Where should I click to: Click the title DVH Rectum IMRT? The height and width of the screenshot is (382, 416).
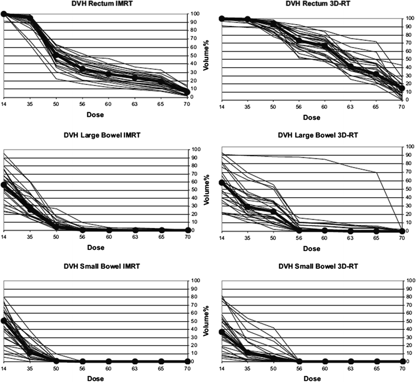pyautogui.click(x=97, y=4)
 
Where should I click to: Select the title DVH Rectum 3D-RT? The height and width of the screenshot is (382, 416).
pyautogui.click(x=312, y=4)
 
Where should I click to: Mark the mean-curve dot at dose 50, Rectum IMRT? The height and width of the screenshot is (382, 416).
pyautogui.click(x=56, y=56)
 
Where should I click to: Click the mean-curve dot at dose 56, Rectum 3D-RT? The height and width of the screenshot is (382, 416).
pyautogui.click(x=299, y=41)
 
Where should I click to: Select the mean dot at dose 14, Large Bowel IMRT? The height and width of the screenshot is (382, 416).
pyautogui.click(x=4, y=185)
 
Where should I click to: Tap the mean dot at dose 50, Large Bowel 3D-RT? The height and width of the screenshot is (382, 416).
pyautogui.click(x=273, y=211)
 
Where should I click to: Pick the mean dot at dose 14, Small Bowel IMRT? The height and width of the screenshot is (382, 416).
pyautogui.click(x=4, y=321)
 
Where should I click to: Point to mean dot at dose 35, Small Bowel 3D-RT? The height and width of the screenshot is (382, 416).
pyautogui.click(x=248, y=353)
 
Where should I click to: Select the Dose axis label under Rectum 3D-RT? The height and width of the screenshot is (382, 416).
pyautogui.click(x=312, y=118)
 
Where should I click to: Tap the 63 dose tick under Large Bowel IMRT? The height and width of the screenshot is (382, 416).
pyautogui.click(x=135, y=239)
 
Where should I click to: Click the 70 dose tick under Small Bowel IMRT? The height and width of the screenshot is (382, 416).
pyautogui.click(x=187, y=370)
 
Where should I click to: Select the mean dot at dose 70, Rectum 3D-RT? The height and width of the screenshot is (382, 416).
pyautogui.click(x=402, y=88)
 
